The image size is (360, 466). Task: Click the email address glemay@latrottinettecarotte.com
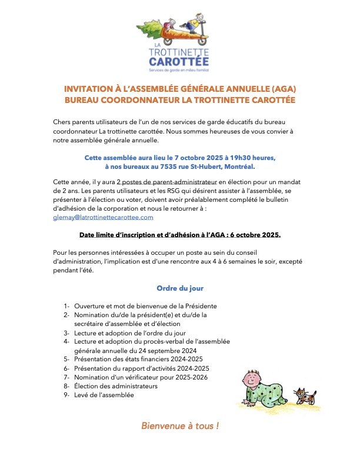tap(103, 217)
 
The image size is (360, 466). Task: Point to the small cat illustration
tap(305, 396)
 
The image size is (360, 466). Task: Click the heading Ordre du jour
tap(180, 288)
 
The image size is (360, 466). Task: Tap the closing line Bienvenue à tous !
tap(180, 425)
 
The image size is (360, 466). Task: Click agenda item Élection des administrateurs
tap(116, 386)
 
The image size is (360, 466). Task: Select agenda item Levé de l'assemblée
tap(104, 395)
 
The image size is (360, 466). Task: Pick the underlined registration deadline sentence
tap(180, 235)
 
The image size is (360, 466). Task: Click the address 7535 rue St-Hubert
tap(183, 167)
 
